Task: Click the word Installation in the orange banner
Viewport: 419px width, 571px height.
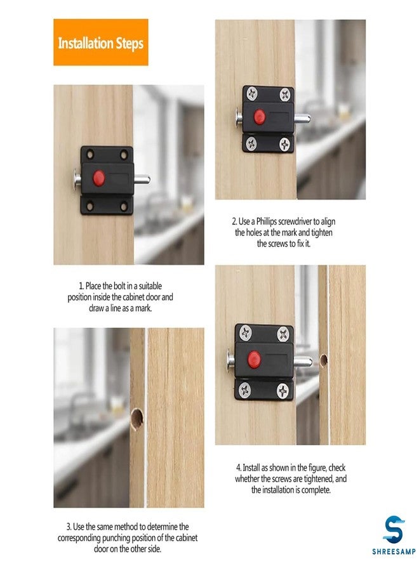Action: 85,43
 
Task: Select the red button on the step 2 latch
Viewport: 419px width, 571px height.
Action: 259,116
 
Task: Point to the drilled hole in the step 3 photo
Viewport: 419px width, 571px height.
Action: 136,417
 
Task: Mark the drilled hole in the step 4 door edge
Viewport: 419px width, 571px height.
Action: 323,361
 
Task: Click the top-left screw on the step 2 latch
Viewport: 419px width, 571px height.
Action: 251,93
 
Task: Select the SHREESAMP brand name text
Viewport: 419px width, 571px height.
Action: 394,551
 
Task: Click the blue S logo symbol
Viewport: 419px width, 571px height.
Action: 394,529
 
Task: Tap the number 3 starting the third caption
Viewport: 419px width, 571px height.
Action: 69,527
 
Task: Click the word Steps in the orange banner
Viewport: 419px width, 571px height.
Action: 130,43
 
